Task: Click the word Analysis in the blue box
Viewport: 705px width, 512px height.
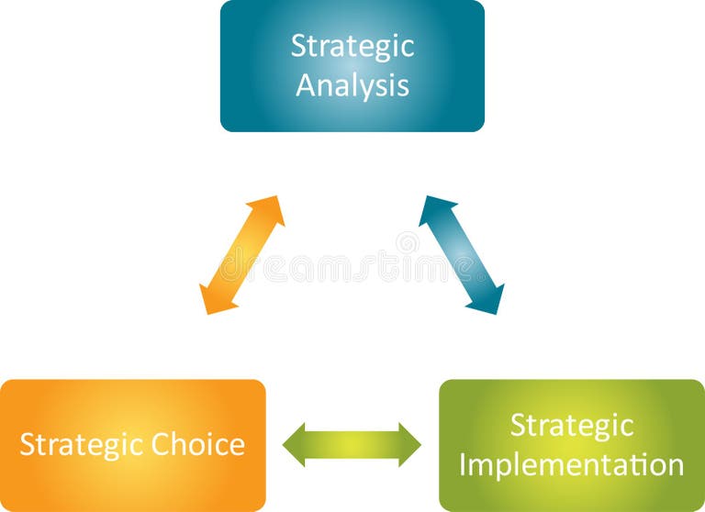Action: click(352, 85)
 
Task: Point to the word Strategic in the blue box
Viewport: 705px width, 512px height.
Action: click(352, 47)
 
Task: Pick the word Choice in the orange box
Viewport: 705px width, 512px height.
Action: click(197, 445)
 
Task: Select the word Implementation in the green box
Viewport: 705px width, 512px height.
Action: click(571, 464)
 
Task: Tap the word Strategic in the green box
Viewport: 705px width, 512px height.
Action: click(571, 426)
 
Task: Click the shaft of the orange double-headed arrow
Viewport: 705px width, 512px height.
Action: click(242, 255)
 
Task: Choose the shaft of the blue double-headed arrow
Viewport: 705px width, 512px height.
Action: click(462, 255)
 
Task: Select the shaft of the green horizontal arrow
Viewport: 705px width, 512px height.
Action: click(352, 445)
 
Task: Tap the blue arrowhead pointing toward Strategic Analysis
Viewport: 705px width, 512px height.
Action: click(432, 210)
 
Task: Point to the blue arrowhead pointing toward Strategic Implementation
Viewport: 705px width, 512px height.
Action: click(490, 299)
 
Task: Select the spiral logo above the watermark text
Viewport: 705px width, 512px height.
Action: click(408, 242)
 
